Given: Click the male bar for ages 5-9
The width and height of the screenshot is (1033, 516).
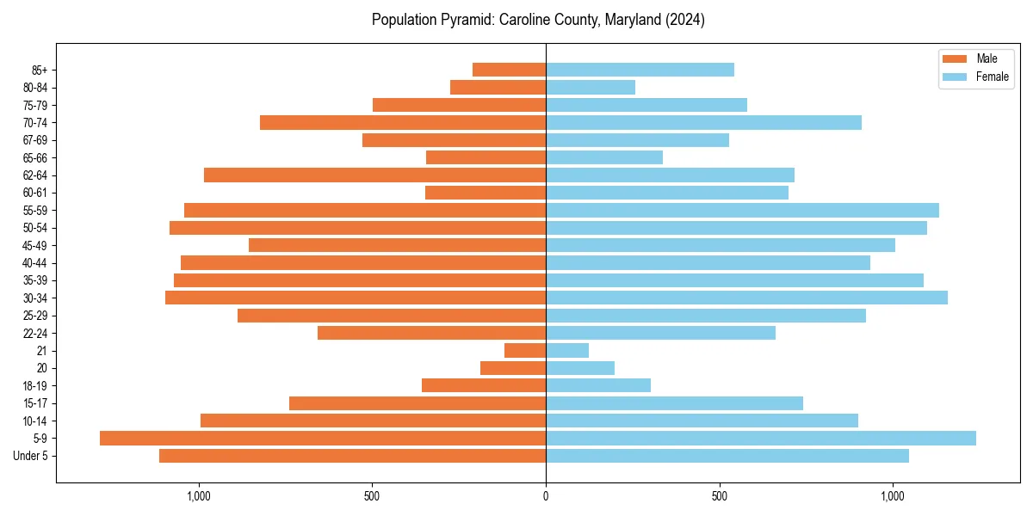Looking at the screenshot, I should [x=323, y=439].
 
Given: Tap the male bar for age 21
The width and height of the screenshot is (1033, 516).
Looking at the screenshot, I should [x=525, y=351].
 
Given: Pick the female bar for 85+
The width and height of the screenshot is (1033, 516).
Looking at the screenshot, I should [x=640, y=70].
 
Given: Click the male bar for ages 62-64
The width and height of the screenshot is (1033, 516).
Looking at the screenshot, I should [x=374, y=175].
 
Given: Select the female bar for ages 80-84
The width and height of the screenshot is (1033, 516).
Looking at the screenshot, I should [x=591, y=88].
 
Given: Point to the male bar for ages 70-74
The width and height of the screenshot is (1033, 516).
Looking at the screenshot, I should [x=403, y=123].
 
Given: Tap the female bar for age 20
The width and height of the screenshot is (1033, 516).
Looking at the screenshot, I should [x=580, y=368].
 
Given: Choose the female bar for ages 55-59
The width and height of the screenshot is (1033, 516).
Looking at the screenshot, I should [x=742, y=211].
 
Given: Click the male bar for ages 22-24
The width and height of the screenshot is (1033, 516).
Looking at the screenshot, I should [x=431, y=333].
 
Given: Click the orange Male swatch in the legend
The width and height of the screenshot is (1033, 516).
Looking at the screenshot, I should [x=956, y=58].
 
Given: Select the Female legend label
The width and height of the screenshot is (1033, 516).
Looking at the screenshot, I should [x=992, y=77].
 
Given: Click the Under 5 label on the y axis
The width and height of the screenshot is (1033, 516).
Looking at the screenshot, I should [x=30, y=456].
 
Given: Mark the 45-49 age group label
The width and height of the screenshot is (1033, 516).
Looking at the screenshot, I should [x=35, y=245].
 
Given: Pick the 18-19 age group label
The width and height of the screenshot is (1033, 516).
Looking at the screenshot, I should [x=35, y=386].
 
